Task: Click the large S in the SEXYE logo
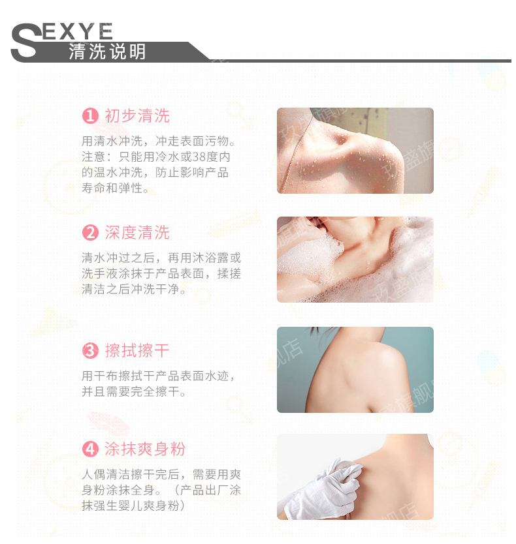pyautogui.click(x=25, y=41)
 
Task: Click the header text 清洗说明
pyautogui.click(x=107, y=52)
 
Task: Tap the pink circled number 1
pyautogui.click(x=90, y=116)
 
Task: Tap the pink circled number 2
pyautogui.click(x=90, y=232)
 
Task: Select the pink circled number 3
pyautogui.click(x=90, y=350)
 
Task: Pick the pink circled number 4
pyautogui.click(x=90, y=449)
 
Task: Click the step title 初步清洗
pyautogui.click(x=137, y=116)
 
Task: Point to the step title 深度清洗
pyautogui.click(x=137, y=232)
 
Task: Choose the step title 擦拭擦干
pyautogui.click(x=137, y=350)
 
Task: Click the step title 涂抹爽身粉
pyautogui.click(x=145, y=449)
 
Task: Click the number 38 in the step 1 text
pyautogui.click(x=199, y=157)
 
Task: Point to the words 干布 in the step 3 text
pyautogui.click(x=100, y=376)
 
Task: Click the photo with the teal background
pyautogui.click(x=355, y=369)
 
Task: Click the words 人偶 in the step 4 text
pyautogui.click(x=94, y=474)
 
